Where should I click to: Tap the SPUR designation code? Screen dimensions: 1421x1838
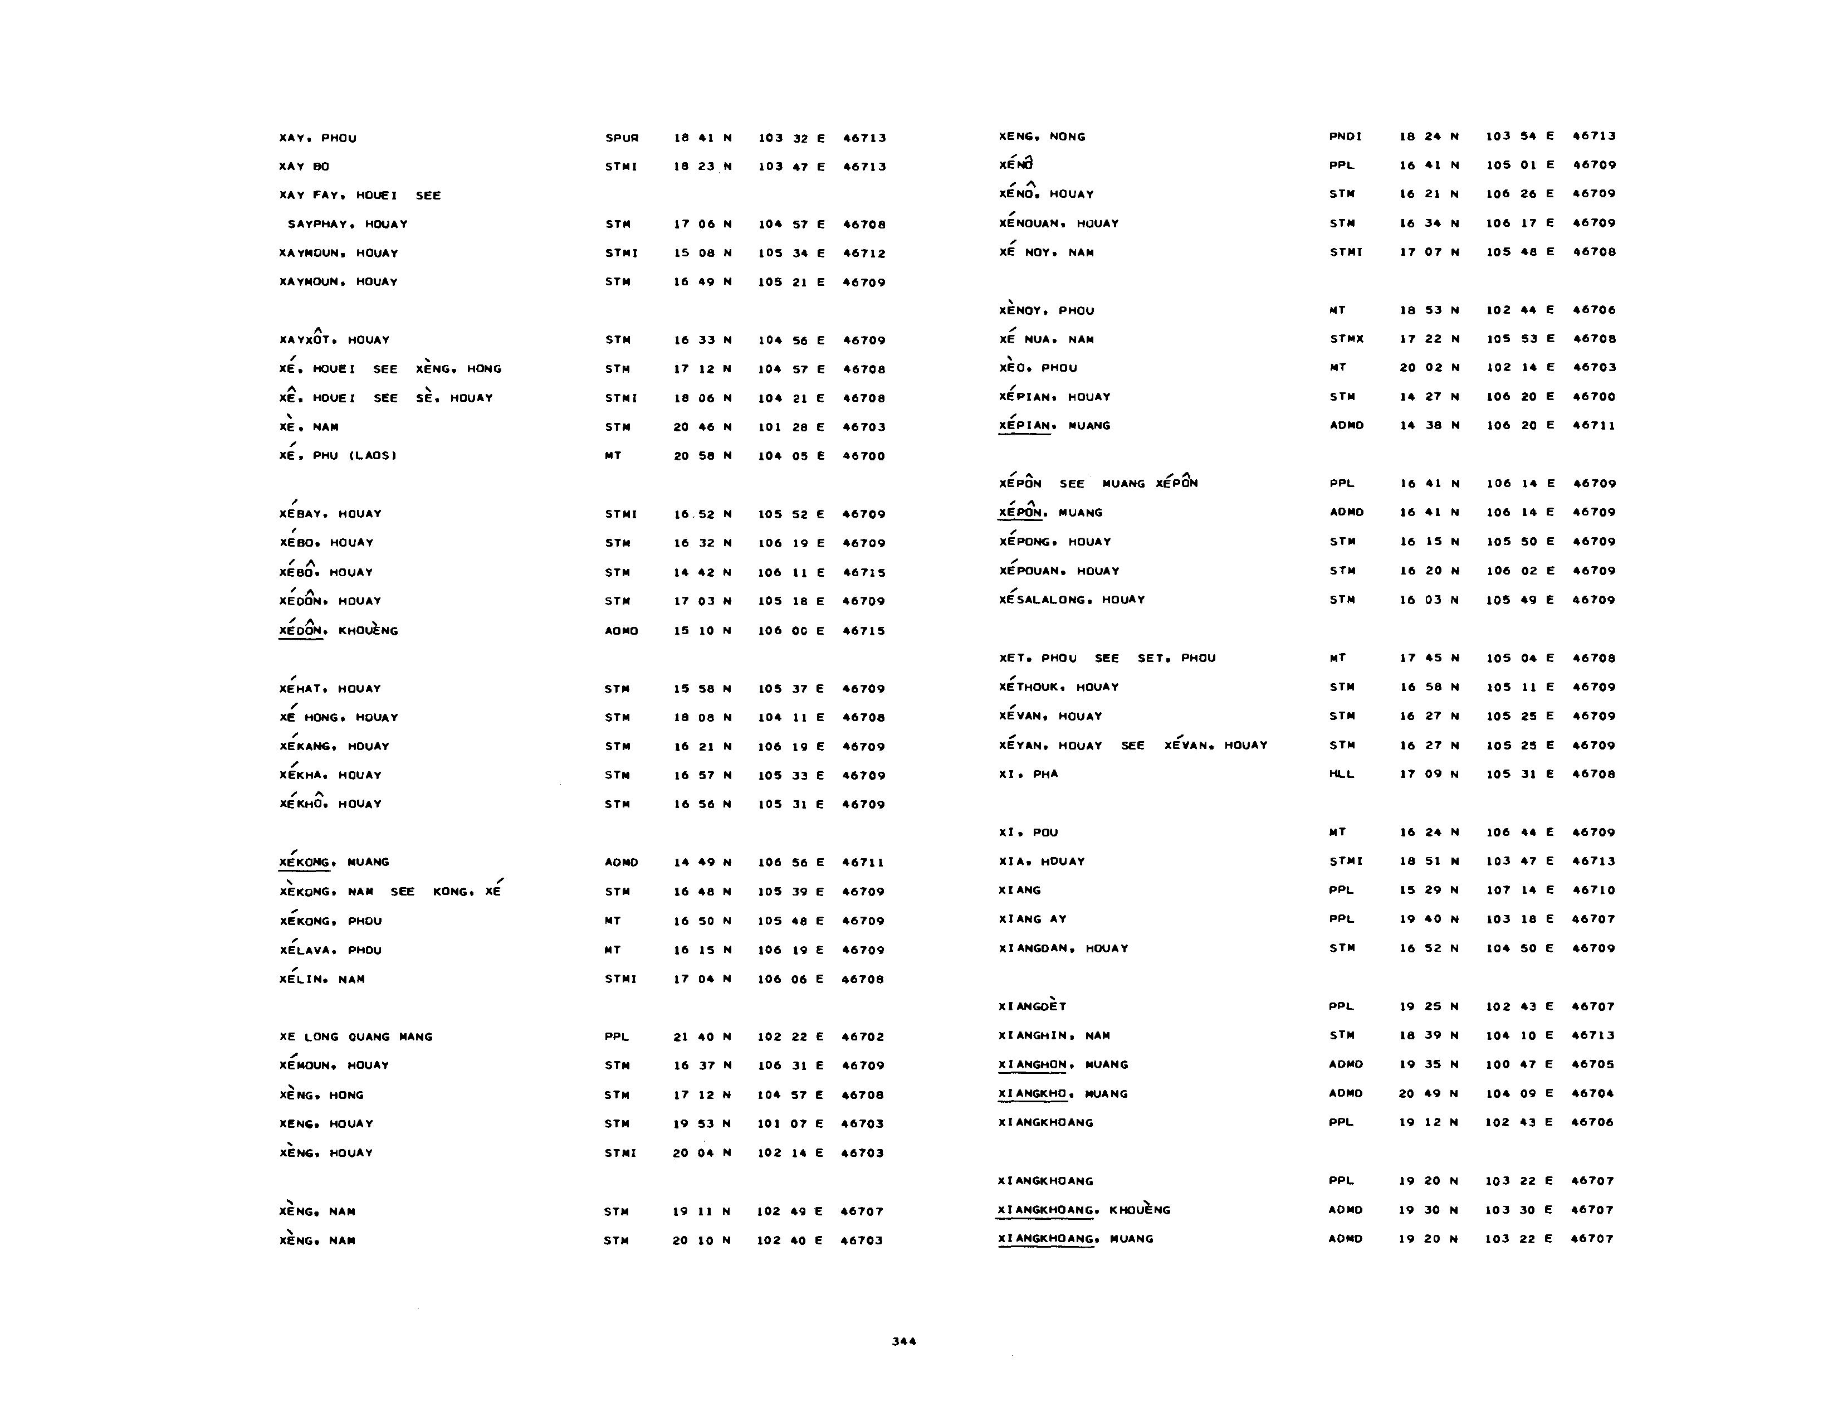[x=622, y=138]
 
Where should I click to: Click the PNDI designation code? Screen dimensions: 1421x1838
[x=1346, y=137]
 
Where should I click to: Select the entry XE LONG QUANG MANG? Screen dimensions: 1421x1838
[x=356, y=1037]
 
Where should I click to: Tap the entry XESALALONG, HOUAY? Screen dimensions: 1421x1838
[x=1071, y=600]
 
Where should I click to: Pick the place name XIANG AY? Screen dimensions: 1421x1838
[x=1032, y=919]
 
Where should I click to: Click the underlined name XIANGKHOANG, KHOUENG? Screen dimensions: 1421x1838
[x=1083, y=1210]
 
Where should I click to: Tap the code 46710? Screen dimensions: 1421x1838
[x=1593, y=890]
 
